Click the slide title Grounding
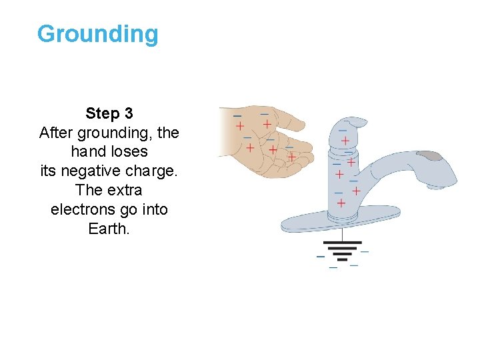click(x=98, y=34)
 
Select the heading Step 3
click(x=109, y=114)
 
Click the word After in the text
click(x=57, y=133)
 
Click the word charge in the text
click(x=155, y=171)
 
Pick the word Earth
click(x=109, y=229)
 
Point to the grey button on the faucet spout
click(x=431, y=156)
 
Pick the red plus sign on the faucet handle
click(x=345, y=141)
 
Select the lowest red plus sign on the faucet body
click(x=341, y=203)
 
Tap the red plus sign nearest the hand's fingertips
click(x=291, y=157)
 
